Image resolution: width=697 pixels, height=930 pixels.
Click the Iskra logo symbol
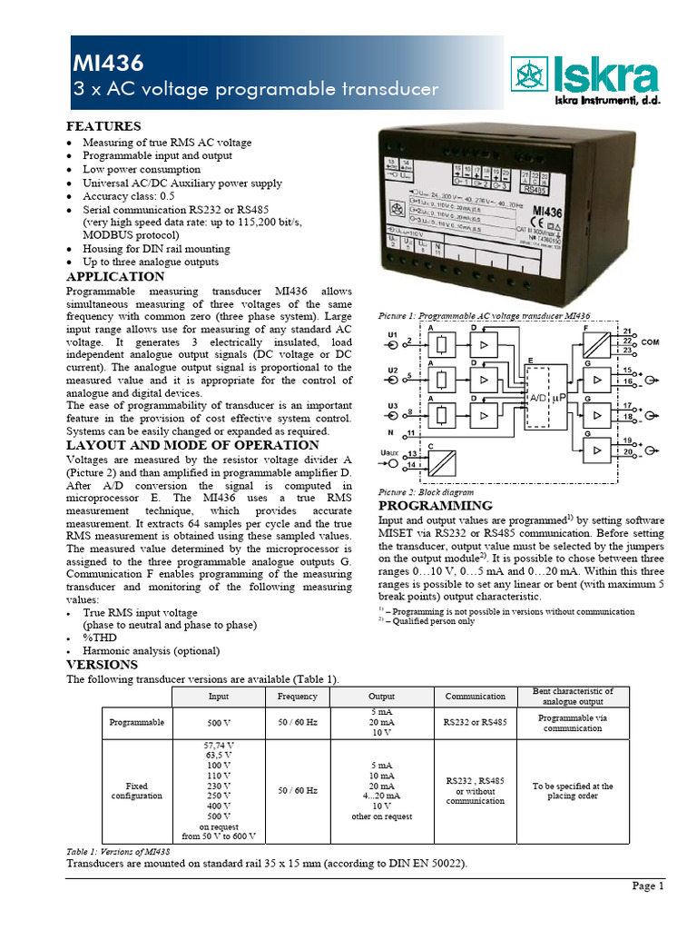tap(527, 75)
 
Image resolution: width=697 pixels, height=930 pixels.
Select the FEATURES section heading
tap(103, 126)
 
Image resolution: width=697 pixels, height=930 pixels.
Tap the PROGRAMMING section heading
tap(435, 506)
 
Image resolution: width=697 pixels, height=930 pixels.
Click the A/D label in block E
tap(538, 398)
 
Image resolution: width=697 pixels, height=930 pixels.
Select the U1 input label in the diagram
tap(392, 335)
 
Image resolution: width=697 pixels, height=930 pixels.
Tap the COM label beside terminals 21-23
tap(650, 342)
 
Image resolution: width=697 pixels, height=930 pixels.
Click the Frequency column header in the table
tap(298, 697)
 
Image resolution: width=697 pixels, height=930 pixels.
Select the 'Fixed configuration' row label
tap(137, 790)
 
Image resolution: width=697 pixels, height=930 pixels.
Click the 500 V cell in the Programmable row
tap(219, 722)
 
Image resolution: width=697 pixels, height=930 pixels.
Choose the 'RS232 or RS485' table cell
tap(476, 722)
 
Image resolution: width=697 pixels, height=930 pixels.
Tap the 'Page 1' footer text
tap(648, 886)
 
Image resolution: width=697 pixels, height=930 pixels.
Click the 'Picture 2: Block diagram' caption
tap(426, 491)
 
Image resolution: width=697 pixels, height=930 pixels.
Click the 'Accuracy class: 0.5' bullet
tap(129, 195)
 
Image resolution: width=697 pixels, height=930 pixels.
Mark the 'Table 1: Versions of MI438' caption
tap(119, 852)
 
